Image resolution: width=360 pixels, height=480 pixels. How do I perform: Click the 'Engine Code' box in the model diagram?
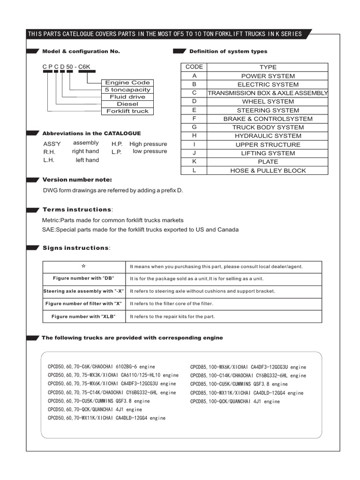click(x=127, y=82)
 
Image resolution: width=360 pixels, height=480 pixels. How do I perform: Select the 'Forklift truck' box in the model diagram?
click(x=127, y=111)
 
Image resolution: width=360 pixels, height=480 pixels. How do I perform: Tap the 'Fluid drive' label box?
click(x=127, y=97)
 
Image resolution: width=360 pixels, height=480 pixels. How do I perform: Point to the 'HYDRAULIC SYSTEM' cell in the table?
click(x=268, y=136)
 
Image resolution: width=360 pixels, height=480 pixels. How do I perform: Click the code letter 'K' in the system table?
click(x=194, y=162)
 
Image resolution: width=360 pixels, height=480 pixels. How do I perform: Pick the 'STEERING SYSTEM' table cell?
click(x=268, y=110)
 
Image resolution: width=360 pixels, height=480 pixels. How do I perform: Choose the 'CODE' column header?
click(x=194, y=67)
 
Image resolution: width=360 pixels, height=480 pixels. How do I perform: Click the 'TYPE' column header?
click(x=268, y=67)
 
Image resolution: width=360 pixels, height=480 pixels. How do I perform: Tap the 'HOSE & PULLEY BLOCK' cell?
click(x=268, y=171)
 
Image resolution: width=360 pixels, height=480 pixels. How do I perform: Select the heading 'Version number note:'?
click(x=77, y=180)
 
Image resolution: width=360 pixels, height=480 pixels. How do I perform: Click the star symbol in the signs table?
click(x=84, y=266)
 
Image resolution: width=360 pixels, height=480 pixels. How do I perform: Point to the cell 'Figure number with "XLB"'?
click(x=84, y=316)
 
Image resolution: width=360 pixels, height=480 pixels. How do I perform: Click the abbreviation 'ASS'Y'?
click(x=52, y=144)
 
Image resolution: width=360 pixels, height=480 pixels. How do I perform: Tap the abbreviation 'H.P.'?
click(x=117, y=144)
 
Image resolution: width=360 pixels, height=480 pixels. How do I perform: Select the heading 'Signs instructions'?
click(x=75, y=247)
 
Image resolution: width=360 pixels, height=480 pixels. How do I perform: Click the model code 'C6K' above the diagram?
click(x=84, y=67)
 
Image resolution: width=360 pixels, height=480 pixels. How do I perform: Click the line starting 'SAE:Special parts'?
click(x=140, y=230)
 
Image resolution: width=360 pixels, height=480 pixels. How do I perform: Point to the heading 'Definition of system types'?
click(x=228, y=51)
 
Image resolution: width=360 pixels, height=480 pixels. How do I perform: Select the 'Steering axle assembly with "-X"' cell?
click(x=84, y=291)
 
